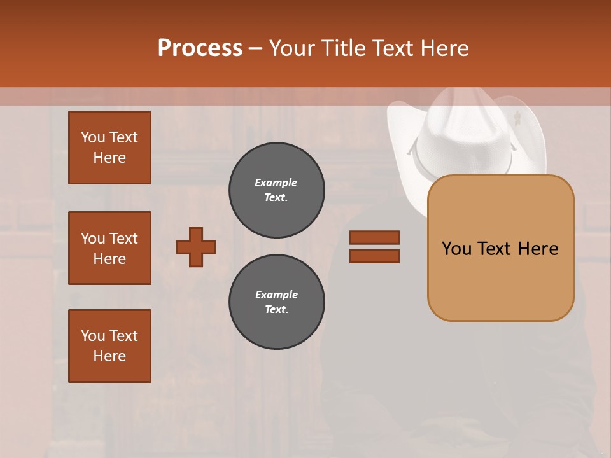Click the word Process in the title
(x=200, y=48)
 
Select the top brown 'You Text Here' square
(x=109, y=148)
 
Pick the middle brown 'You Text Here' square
(x=109, y=248)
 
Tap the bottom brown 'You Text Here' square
(x=109, y=346)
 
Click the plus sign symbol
(x=196, y=247)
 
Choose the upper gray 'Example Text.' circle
(x=276, y=190)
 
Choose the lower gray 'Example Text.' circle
(x=276, y=302)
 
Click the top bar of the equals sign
(x=374, y=238)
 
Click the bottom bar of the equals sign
(x=374, y=256)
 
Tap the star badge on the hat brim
(x=517, y=118)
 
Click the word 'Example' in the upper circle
(x=276, y=183)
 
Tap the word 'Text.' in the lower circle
(x=276, y=310)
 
